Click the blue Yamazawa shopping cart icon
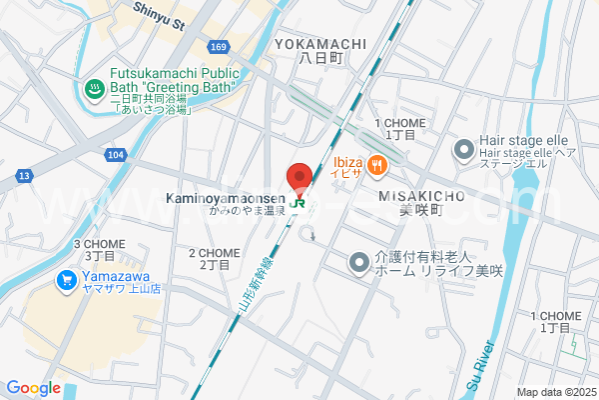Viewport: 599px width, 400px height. click(68, 279)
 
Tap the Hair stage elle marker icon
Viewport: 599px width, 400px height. click(462, 151)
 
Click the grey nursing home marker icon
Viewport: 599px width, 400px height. click(358, 263)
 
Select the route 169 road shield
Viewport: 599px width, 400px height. click(219, 46)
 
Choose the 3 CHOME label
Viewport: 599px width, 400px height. click(98, 244)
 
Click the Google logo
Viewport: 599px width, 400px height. click(33, 388)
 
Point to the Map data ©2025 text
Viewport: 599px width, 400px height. click(556, 391)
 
